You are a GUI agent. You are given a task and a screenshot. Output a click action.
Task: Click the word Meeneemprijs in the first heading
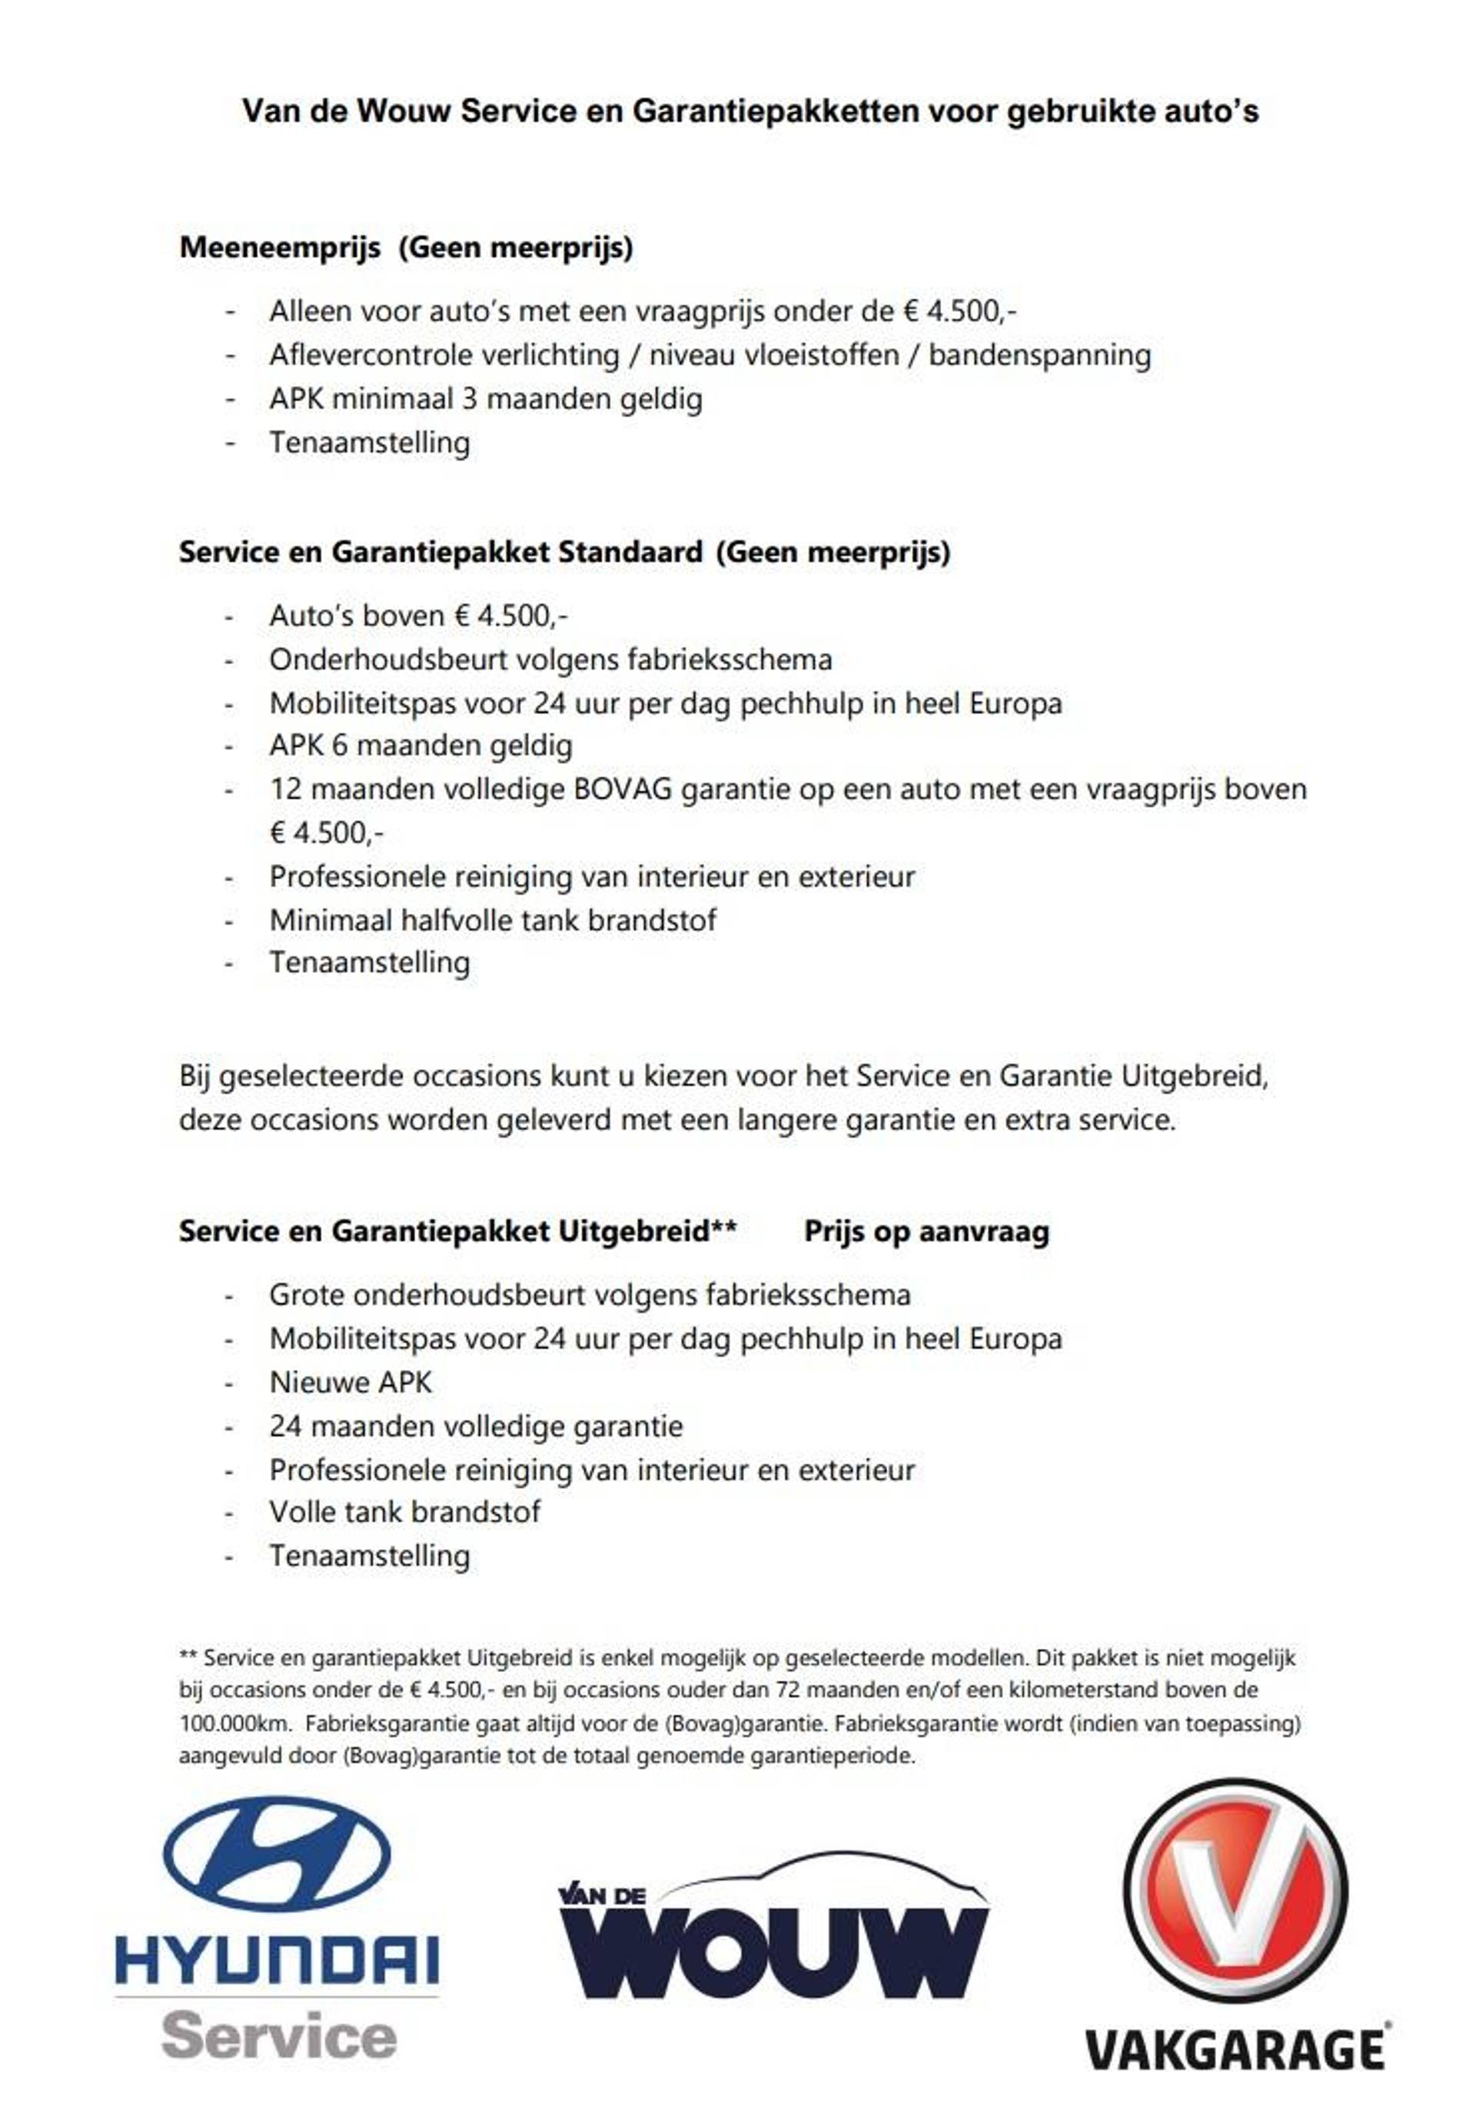[x=279, y=248]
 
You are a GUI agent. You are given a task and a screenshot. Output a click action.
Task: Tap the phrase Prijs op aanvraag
[x=926, y=1231]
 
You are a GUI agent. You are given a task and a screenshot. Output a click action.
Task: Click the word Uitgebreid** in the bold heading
[x=647, y=1231]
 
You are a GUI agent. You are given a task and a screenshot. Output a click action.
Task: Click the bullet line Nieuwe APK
[x=351, y=1382]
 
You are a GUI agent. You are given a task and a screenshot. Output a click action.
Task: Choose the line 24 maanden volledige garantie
[x=475, y=1426]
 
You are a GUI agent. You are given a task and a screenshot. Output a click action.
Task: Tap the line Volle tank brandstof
[x=404, y=1512]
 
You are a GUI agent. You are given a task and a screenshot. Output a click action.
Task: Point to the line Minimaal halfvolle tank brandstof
[x=492, y=920]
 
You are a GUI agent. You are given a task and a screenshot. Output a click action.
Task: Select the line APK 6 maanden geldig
[x=421, y=746]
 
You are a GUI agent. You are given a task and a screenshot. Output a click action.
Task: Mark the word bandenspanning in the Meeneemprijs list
[x=1039, y=355]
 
